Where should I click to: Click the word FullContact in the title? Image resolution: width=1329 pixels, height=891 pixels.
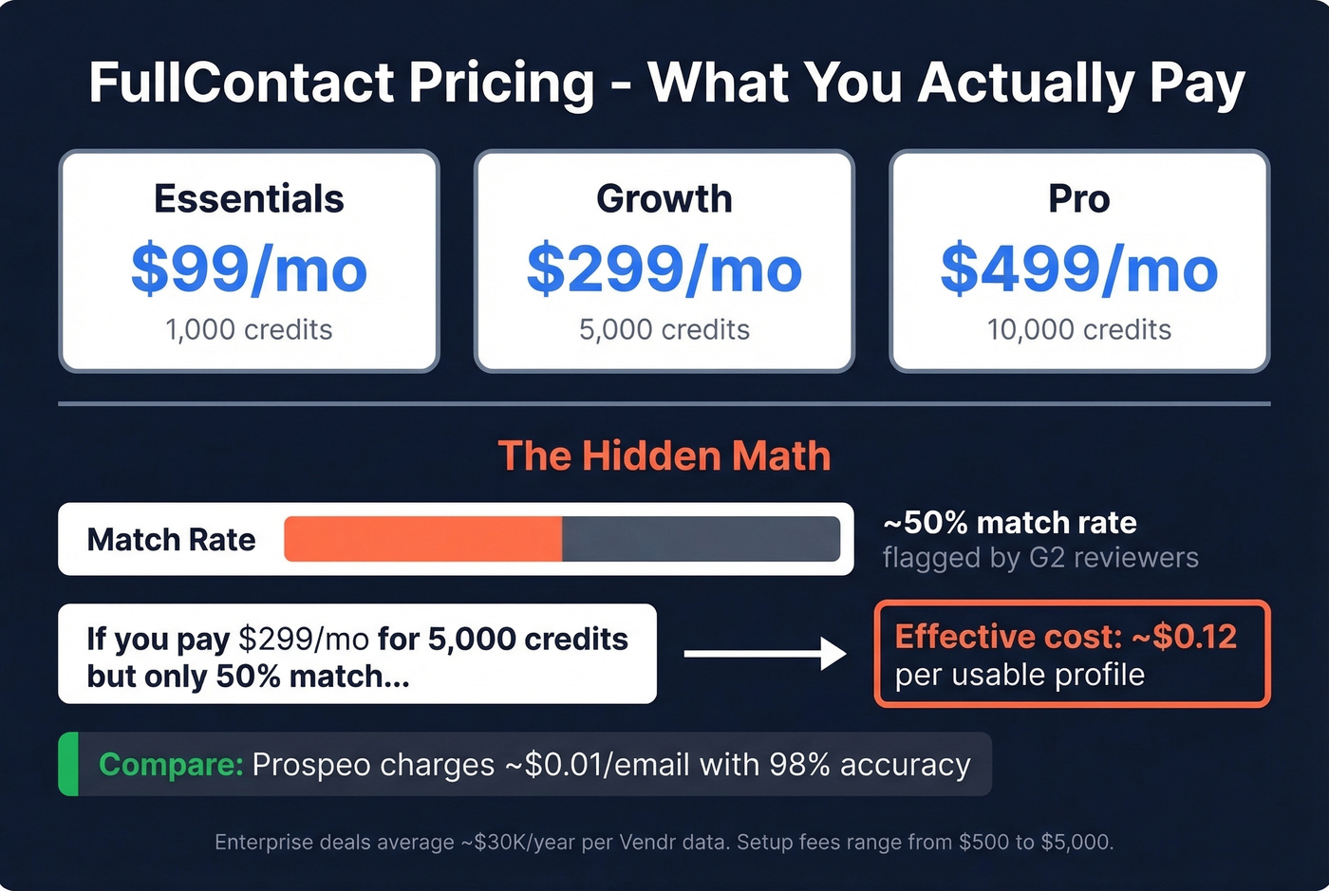coord(241,83)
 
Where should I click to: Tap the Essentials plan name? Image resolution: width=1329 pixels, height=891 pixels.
coord(249,199)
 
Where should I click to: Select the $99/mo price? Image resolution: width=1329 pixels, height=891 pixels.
coord(249,269)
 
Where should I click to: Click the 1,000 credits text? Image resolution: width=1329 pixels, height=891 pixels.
coord(249,330)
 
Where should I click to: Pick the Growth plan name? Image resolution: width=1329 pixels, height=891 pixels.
coord(664,199)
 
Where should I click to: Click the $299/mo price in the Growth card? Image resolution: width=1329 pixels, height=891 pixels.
coord(664,269)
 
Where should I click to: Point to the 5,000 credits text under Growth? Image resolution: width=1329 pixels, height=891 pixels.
coord(664,330)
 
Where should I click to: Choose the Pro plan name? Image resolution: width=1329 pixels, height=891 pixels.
coord(1078,199)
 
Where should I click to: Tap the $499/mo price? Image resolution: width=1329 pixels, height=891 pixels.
coord(1078,269)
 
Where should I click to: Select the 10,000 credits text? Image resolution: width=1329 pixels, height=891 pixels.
coord(1078,330)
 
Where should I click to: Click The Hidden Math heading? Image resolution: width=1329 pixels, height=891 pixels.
coord(664,456)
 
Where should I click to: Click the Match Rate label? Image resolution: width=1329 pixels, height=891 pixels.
coord(171,540)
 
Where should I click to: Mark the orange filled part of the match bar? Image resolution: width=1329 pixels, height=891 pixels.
coord(422,539)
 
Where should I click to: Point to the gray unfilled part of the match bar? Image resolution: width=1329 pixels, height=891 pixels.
coord(701,539)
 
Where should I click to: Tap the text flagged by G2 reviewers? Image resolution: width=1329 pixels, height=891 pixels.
coord(1040,558)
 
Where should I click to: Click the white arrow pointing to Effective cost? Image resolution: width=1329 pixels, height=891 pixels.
coord(764,654)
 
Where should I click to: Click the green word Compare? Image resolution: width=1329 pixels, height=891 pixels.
coord(171,765)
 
